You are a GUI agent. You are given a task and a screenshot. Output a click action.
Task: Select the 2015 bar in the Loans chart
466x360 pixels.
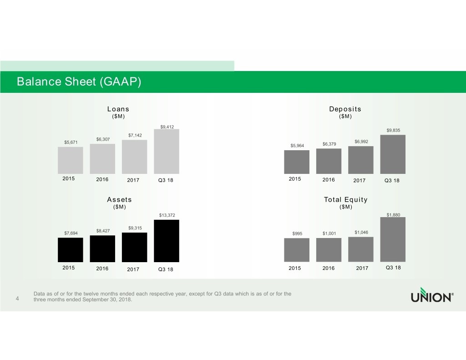[71, 160]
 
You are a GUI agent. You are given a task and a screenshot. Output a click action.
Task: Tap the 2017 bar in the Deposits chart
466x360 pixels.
[361, 160]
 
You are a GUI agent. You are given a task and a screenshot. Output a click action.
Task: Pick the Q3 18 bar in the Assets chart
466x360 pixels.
[167, 241]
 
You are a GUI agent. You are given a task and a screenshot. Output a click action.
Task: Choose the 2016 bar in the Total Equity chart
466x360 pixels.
[329, 250]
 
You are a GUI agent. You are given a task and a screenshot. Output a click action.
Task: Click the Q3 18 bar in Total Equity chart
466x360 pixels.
[393, 239]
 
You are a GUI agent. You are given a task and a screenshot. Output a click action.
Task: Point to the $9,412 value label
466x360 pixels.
[167, 127]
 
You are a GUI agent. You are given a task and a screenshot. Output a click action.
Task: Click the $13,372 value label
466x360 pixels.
[167, 215]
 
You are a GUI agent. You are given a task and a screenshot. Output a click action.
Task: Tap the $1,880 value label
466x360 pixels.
[393, 215]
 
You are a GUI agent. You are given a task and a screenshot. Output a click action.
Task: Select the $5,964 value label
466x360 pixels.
[297, 146]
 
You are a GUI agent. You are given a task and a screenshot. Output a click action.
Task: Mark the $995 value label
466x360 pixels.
[297, 234]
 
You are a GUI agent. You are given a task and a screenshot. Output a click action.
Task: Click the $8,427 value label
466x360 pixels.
[103, 231]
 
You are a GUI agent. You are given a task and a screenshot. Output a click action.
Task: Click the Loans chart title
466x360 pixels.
[118, 109]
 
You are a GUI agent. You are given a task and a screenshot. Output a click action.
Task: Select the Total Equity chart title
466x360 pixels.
[345, 199]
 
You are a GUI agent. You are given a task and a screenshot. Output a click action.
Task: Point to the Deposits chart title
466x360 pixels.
[345, 109]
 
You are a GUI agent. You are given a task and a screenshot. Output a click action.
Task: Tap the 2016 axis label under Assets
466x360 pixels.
[103, 269]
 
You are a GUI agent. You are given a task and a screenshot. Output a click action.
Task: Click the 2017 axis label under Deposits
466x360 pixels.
[360, 180]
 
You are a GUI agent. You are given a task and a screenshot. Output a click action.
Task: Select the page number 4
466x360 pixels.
[17, 299]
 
